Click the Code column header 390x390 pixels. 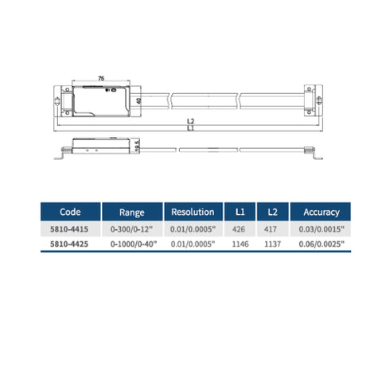tap(70, 212)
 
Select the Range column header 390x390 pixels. tap(132, 213)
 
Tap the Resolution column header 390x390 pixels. tap(193, 212)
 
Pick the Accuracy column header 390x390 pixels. tap(322, 213)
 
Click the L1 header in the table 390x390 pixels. tap(240, 212)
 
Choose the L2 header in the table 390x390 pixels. tap(272, 212)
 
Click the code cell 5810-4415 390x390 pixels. tap(69, 229)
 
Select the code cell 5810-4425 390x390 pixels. tap(69, 244)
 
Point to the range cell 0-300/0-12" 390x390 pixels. tap(131, 229)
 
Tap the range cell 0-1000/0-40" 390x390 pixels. tap(134, 244)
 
